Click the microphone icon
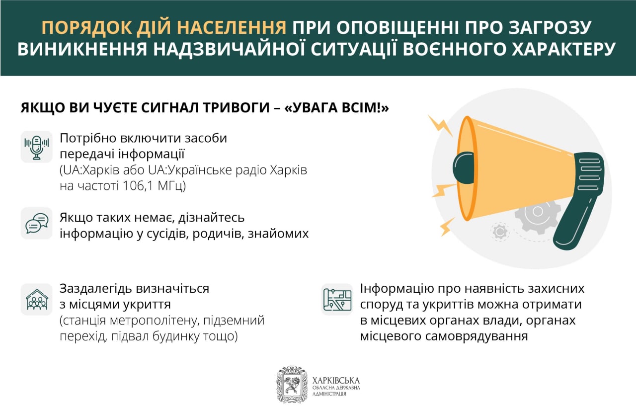tap(37, 147)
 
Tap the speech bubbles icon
tap(37, 224)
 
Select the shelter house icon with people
tap(37, 300)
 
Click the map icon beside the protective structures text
tap(337, 300)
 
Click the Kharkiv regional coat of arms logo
tap(292, 385)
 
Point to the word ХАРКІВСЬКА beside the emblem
tap(336, 381)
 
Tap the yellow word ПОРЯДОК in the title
tap(87, 27)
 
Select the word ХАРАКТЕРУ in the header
tap(556, 49)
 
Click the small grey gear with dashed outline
tap(500, 232)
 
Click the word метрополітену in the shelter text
tap(155, 321)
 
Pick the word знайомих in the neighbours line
tap(278, 234)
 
